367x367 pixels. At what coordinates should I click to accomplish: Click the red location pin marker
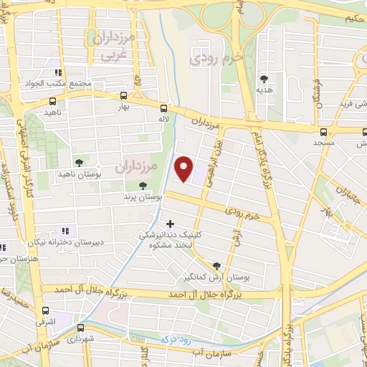point(185,168)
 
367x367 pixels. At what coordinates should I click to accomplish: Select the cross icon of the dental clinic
point(169,224)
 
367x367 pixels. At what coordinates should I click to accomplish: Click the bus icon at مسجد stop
point(323,131)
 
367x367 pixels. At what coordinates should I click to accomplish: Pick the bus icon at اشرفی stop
point(47,310)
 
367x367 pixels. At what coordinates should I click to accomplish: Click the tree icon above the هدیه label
point(264,78)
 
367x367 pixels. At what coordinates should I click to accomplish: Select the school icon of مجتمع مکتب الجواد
point(57,72)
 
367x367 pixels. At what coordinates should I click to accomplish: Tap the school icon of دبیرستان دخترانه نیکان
point(65,231)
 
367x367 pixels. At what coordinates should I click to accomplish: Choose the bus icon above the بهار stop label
point(124,95)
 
